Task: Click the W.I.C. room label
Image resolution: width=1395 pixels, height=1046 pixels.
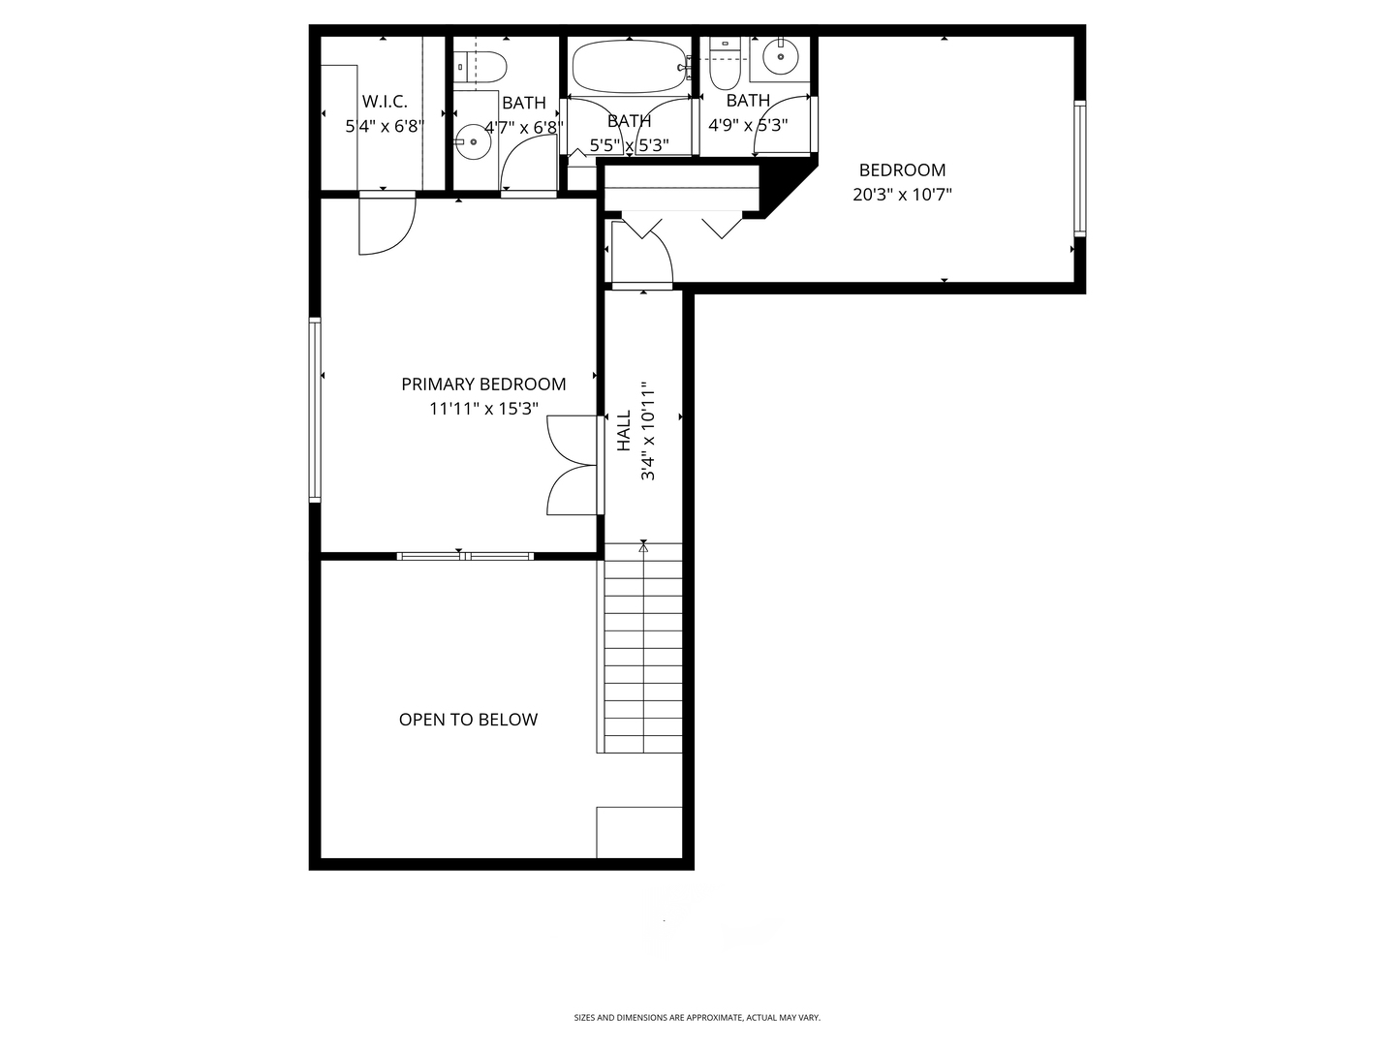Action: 385,102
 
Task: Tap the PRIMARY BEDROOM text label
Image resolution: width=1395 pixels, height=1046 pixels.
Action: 483,385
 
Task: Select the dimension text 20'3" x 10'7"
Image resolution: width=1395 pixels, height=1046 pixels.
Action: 903,195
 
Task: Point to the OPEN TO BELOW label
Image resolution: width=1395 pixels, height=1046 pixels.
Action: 468,720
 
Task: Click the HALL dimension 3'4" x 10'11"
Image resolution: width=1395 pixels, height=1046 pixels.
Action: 648,431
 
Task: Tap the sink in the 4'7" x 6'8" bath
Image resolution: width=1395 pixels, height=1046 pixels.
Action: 473,141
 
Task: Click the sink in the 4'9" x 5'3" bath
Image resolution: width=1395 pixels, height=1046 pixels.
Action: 781,57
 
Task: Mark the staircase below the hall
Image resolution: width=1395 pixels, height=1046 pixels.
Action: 642,648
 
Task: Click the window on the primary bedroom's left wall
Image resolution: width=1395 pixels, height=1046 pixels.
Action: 315,411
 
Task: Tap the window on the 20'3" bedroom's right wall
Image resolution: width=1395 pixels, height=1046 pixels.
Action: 1080,169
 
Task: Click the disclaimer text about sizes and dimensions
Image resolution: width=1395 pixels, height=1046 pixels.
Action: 697,1017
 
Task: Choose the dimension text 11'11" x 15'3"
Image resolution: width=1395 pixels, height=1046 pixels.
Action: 483,409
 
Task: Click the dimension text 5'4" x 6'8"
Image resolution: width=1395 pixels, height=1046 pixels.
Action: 385,126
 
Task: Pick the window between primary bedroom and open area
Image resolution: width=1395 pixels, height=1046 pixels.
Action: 465,556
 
